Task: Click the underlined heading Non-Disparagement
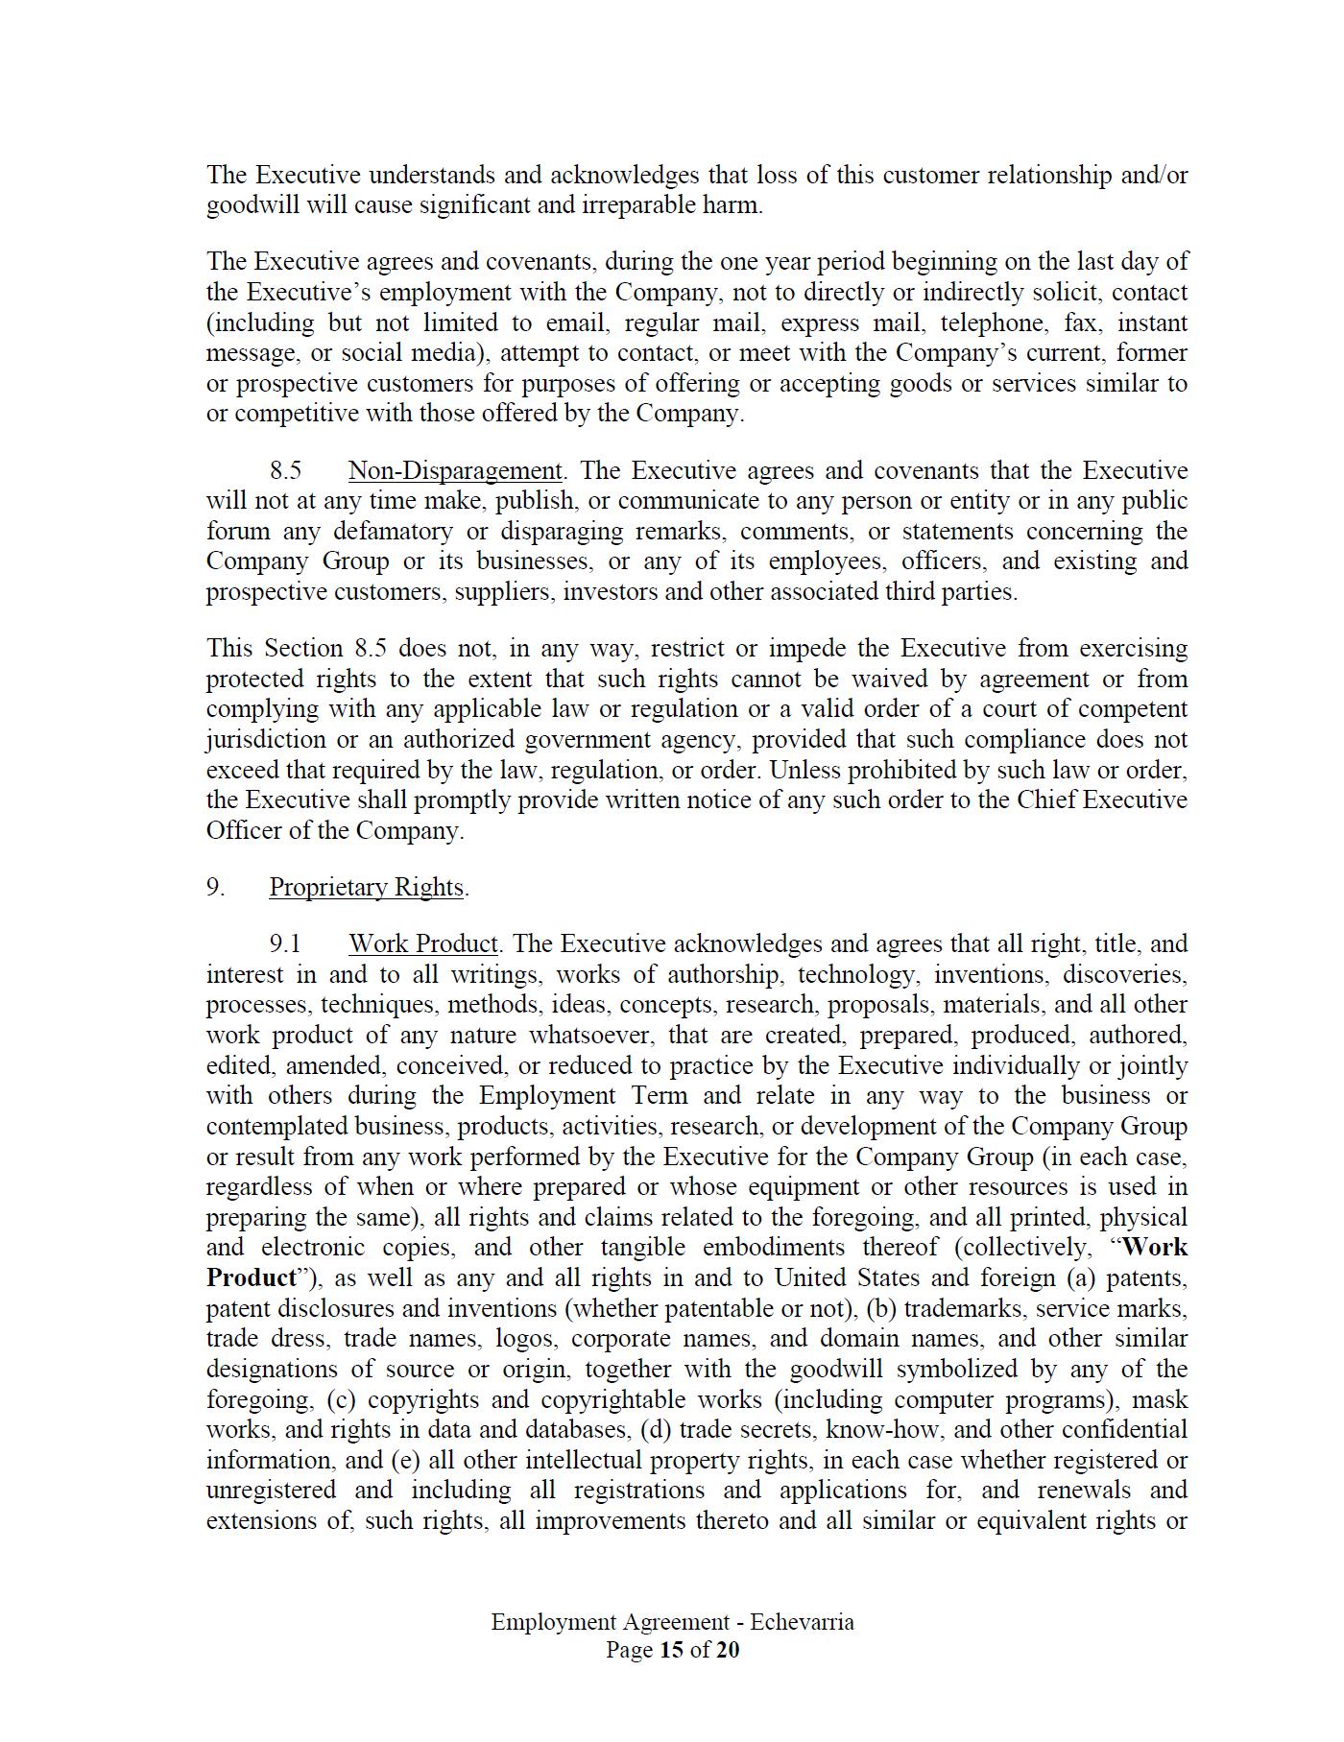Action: (454, 471)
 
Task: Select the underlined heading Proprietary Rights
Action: (366, 888)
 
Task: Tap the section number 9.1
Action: (285, 944)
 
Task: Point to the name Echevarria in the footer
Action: (803, 1622)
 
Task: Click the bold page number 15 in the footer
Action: (670, 1650)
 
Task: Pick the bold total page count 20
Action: (728, 1650)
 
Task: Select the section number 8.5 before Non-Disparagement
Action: (285, 471)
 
